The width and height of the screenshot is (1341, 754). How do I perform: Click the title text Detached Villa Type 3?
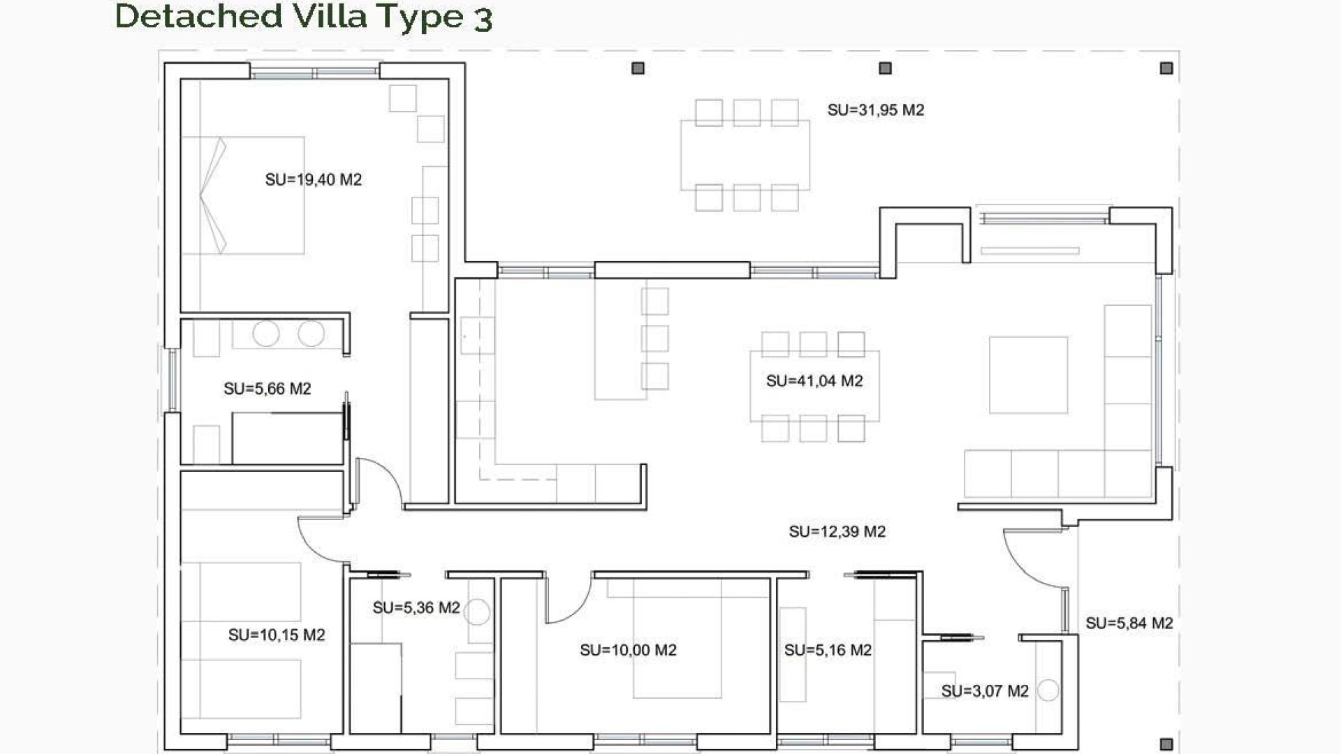(303, 17)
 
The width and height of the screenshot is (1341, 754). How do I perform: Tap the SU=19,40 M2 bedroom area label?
(314, 180)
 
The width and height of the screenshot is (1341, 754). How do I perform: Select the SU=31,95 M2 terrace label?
(876, 110)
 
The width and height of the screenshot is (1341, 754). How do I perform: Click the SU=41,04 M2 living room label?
(814, 381)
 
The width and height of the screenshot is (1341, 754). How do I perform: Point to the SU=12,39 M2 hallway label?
(837, 532)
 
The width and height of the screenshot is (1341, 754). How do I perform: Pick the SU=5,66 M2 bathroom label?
(268, 389)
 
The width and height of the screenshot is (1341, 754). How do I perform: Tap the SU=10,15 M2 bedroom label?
(277, 635)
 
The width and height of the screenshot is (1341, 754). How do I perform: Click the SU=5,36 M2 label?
(416, 608)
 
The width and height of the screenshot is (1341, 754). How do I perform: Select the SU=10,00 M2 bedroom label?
(628, 651)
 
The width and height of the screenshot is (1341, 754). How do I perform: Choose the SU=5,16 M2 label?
(828, 651)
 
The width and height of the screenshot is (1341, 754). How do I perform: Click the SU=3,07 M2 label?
(985, 691)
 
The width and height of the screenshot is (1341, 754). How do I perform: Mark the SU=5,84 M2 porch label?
(1129, 623)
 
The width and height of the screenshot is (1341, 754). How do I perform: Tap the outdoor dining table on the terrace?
(745, 155)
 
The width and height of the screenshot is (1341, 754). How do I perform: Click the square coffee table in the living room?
(1028, 375)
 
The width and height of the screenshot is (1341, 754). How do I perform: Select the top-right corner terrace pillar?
(1166, 68)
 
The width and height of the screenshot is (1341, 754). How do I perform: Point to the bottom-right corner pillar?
(1166, 744)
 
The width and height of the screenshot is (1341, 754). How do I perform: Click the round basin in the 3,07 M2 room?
(1048, 690)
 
